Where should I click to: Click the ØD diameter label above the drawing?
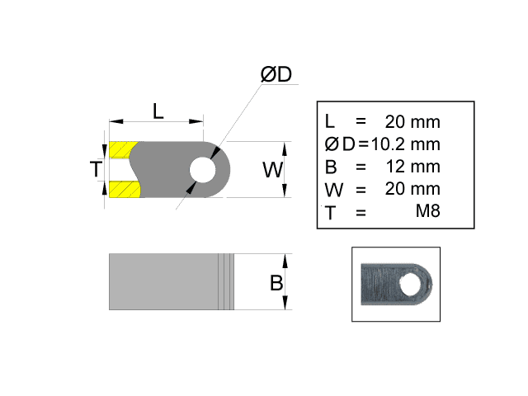(x=276, y=74)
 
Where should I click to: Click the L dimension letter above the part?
(x=158, y=111)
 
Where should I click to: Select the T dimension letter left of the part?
(x=97, y=170)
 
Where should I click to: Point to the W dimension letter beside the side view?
(x=272, y=170)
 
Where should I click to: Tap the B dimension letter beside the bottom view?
(x=276, y=283)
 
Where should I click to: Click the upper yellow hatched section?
(x=123, y=150)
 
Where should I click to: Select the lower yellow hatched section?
(x=123, y=190)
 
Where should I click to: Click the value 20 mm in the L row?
(x=413, y=122)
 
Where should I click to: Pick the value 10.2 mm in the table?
(x=406, y=144)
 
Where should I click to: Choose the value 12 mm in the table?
(x=413, y=167)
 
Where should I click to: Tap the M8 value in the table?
(x=427, y=212)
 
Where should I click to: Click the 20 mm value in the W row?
(x=413, y=189)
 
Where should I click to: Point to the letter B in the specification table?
(x=331, y=167)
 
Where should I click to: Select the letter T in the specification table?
(x=331, y=212)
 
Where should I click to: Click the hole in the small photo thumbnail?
(x=408, y=285)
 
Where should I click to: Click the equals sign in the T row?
(x=361, y=212)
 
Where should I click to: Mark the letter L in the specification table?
(x=330, y=122)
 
